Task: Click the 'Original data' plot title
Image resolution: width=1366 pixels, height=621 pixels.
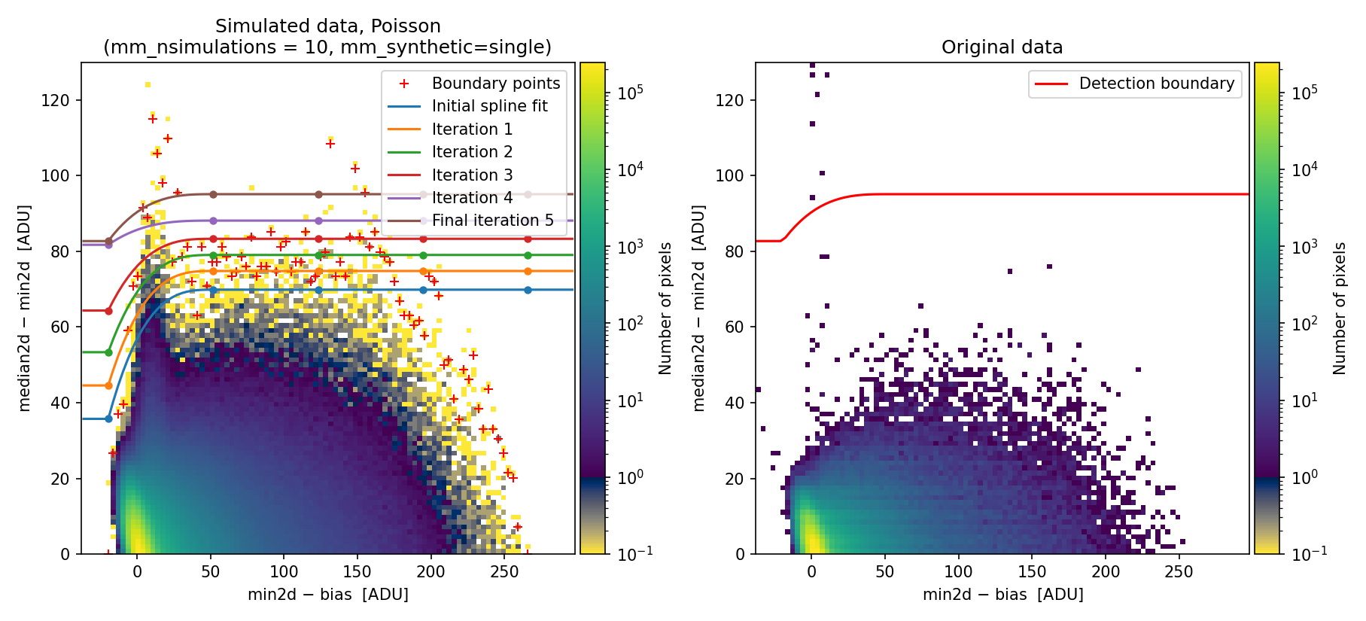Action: tap(1002, 47)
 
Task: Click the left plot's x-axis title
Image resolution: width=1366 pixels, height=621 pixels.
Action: tap(328, 595)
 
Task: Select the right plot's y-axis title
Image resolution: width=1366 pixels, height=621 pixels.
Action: tap(699, 308)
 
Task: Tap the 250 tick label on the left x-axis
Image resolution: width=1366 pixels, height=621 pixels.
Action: tap(504, 571)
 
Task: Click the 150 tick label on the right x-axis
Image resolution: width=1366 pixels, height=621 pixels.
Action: tap(1032, 571)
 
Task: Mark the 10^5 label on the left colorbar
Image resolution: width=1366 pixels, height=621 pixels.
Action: tap(631, 93)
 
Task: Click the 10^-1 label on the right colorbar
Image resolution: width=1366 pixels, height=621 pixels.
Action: tap(1305, 554)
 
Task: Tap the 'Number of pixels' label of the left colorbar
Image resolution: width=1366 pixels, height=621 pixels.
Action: tap(665, 308)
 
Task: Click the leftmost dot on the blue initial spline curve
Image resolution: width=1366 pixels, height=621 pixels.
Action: tap(108, 419)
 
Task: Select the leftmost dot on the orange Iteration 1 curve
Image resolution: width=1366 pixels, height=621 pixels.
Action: tap(108, 385)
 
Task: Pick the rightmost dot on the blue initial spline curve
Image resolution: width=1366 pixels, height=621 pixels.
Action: tap(528, 290)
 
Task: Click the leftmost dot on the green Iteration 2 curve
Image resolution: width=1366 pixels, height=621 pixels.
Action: tap(108, 352)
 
